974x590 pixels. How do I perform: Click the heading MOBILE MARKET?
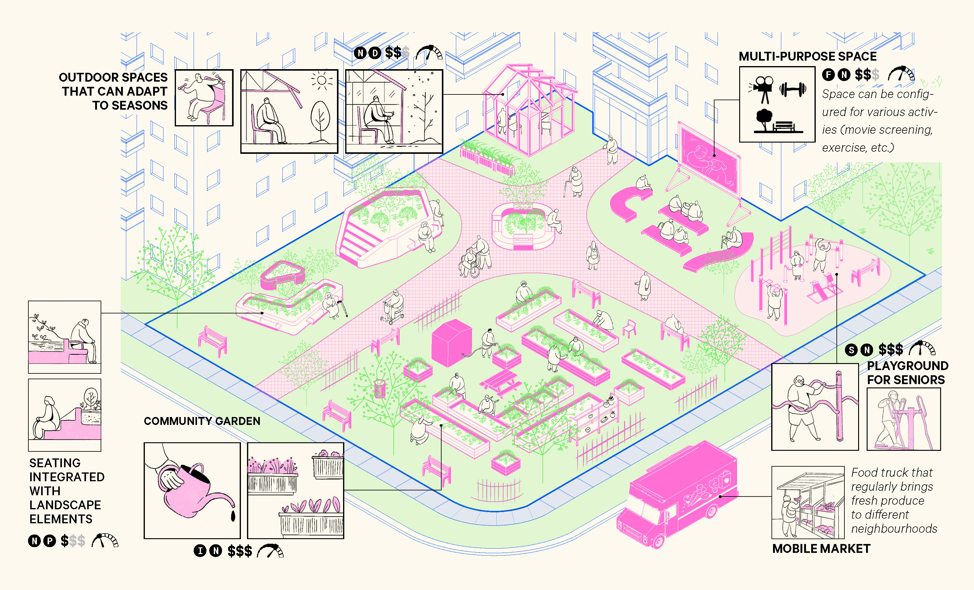click(x=821, y=549)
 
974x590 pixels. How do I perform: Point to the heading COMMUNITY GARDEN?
click(x=202, y=421)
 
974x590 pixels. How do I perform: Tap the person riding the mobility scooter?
click(x=394, y=306)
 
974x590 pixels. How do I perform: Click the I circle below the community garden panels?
click(x=200, y=550)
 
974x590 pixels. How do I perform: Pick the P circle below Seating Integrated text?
click(x=49, y=541)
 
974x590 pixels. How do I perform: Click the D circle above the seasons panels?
click(x=374, y=52)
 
